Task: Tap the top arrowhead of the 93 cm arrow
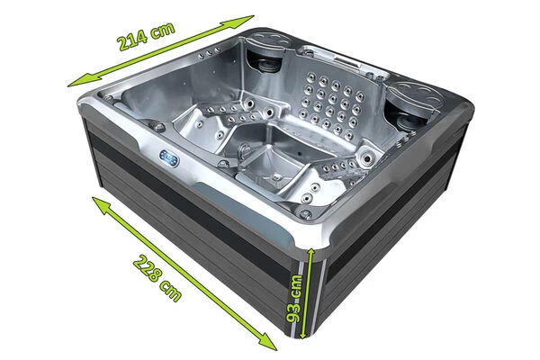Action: tap(309, 253)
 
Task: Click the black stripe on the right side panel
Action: tap(396, 243)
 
